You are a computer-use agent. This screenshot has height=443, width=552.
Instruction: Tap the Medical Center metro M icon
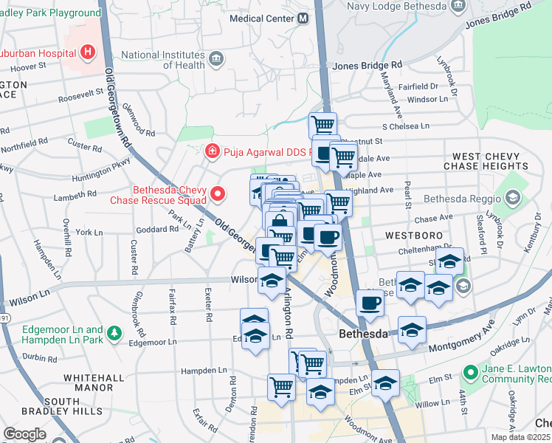click(303, 18)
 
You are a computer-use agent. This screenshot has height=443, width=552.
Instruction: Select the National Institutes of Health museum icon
click(216, 59)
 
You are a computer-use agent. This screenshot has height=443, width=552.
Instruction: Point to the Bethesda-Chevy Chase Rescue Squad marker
click(218, 194)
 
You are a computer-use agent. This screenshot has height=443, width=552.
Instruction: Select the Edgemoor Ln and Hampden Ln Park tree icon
click(114, 334)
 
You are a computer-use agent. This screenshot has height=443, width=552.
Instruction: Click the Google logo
click(24, 434)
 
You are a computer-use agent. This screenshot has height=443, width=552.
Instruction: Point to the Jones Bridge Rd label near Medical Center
click(367, 66)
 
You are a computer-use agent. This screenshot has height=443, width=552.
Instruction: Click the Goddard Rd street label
click(157, 230)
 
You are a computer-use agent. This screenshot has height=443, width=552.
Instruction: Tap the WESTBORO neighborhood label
click(413, 235)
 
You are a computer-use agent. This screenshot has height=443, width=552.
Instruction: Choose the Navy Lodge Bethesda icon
click(458, 5)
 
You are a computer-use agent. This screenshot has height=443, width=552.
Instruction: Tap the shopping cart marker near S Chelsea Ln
click(322, 124)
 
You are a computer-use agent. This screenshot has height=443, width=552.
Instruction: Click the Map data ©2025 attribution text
click(521, 437)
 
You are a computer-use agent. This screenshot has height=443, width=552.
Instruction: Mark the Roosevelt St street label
click(81, 95)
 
